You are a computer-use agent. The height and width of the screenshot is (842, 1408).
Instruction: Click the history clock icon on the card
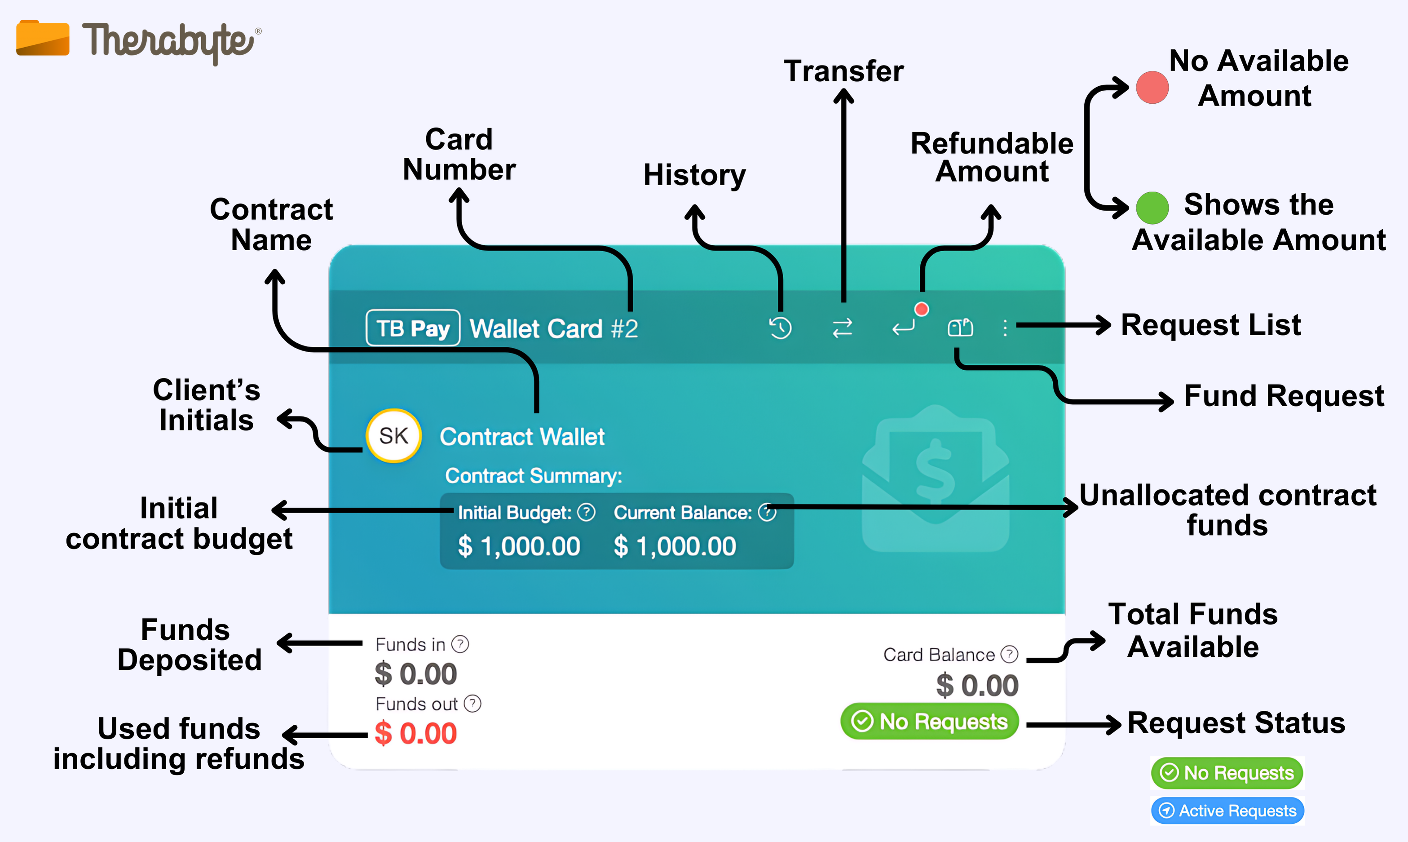click(780, 328)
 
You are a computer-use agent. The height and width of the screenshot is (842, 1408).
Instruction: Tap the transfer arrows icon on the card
click(843, 328)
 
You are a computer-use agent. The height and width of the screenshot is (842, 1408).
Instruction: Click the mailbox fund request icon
click(960, 328)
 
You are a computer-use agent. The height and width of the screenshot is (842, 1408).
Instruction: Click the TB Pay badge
click(413, 328)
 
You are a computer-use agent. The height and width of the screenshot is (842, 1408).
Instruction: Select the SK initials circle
click(393, 436)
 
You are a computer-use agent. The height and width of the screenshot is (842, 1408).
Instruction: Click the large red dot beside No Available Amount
click(1152, 87)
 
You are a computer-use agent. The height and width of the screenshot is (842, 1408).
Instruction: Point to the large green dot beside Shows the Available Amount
click(1152, 208)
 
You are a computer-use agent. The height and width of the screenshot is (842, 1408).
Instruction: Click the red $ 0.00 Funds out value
click(415, 733)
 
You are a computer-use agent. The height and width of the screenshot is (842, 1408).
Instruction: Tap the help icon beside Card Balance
click(1009, 654)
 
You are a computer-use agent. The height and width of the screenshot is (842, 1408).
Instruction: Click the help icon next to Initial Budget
click(587, 512)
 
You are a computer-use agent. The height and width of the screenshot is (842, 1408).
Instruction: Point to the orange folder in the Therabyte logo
click(43, 39)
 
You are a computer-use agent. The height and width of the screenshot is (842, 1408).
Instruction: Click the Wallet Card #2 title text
click(554, 328)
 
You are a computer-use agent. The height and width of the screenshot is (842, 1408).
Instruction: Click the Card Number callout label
click(459, 154)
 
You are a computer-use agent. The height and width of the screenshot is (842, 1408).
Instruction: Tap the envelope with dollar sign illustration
click(936, 479)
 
